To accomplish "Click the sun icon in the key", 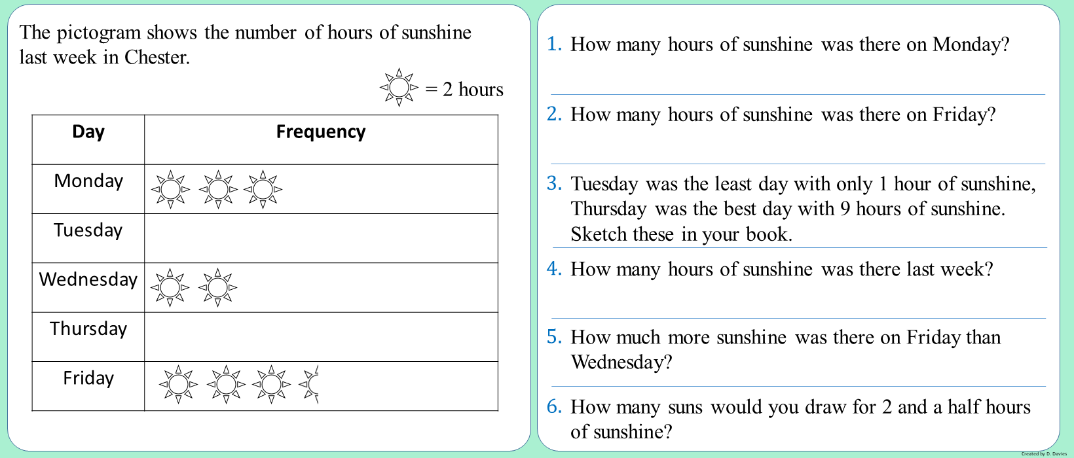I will (399, 87).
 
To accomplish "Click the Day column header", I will (88, 132).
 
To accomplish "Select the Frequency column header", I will (321, 132).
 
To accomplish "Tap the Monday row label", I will (88, 181).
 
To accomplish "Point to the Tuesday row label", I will (88, 230).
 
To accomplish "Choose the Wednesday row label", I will (88, 279).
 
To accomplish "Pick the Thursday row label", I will (88, 328).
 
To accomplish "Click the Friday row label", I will (88, 378).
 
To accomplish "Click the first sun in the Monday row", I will (170, 190).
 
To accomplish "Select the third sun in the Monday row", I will (263, 190).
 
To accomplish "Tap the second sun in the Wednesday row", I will (217, 287).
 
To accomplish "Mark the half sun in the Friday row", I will (310, 385).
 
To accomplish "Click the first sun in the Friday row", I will (178, 385).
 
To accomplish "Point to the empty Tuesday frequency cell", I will (321, 238).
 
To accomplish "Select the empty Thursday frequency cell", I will (321, 337).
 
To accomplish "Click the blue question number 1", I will (555, 44).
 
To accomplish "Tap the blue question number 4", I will (555, 269).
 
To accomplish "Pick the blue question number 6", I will (555, 406).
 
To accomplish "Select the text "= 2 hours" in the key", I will (464, 89).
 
